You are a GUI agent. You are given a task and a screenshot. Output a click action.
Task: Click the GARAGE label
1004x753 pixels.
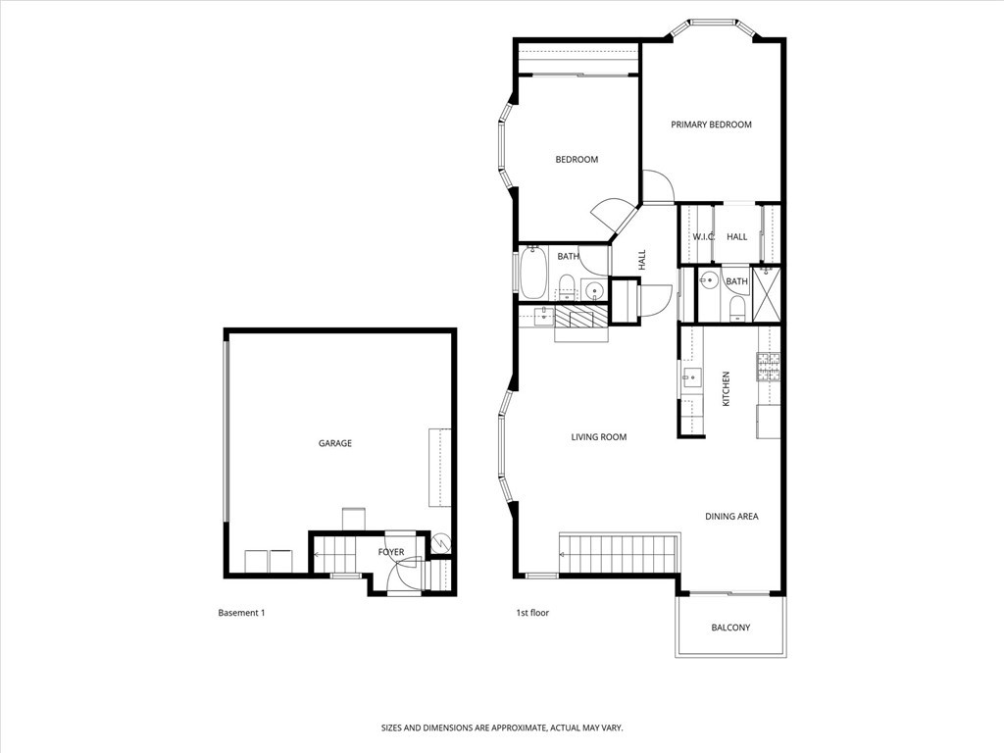point(334,443)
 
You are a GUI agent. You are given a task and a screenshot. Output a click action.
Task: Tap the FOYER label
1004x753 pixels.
point(391,552)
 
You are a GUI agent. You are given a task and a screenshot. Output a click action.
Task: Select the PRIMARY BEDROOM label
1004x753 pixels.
point(711,125)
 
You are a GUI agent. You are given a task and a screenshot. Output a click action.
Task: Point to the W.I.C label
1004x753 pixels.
point(703,237)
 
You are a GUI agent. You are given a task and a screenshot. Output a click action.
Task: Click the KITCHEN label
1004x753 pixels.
point(727,389)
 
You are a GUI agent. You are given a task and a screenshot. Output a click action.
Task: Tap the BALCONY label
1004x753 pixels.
point(730,627)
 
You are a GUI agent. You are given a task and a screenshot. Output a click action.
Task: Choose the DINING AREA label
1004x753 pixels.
point(731,517)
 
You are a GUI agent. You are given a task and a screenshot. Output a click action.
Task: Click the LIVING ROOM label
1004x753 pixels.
point(598,437)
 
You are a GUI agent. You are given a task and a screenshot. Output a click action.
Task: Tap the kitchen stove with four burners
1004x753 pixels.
point(768,367)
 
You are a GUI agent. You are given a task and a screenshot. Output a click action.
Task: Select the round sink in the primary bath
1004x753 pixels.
point(707,281)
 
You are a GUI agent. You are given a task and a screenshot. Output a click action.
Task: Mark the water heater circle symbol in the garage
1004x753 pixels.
point(440,541)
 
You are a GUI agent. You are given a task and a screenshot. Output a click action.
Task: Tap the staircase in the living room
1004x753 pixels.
point(620,554)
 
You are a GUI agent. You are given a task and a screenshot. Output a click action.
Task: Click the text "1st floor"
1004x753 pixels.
point(532,613)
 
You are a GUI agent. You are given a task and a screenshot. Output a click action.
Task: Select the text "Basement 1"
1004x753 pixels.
point(241,613)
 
